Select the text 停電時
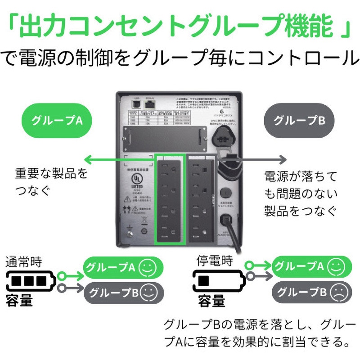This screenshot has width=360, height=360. (x=214, y=261)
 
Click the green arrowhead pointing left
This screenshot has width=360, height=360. (x=88, y=159)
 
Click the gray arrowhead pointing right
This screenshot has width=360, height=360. (x=283, y=159)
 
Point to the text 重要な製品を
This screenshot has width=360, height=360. (x=51, y=173)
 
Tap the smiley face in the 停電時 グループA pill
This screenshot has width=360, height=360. (x=335, y=266)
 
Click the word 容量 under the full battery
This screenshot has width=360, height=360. (x=19, y=301)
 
